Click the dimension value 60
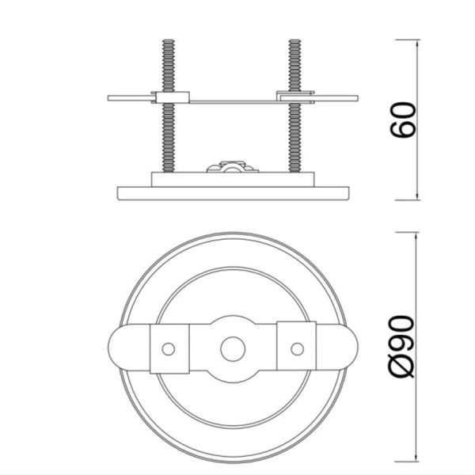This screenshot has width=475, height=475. click(x=403, y=120)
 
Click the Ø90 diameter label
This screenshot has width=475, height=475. click(x=401, y=347)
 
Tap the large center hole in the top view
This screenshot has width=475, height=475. click(x=233, y=348)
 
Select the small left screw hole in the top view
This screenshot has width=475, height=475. click(x=169, y=349)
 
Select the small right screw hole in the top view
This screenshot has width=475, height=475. click(x=297, y=349)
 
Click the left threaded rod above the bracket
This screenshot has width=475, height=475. click(x=169, y=66)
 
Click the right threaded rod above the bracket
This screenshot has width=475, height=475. click(x=294, y=65)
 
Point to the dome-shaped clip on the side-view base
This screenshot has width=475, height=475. click(x=232, y=166)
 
